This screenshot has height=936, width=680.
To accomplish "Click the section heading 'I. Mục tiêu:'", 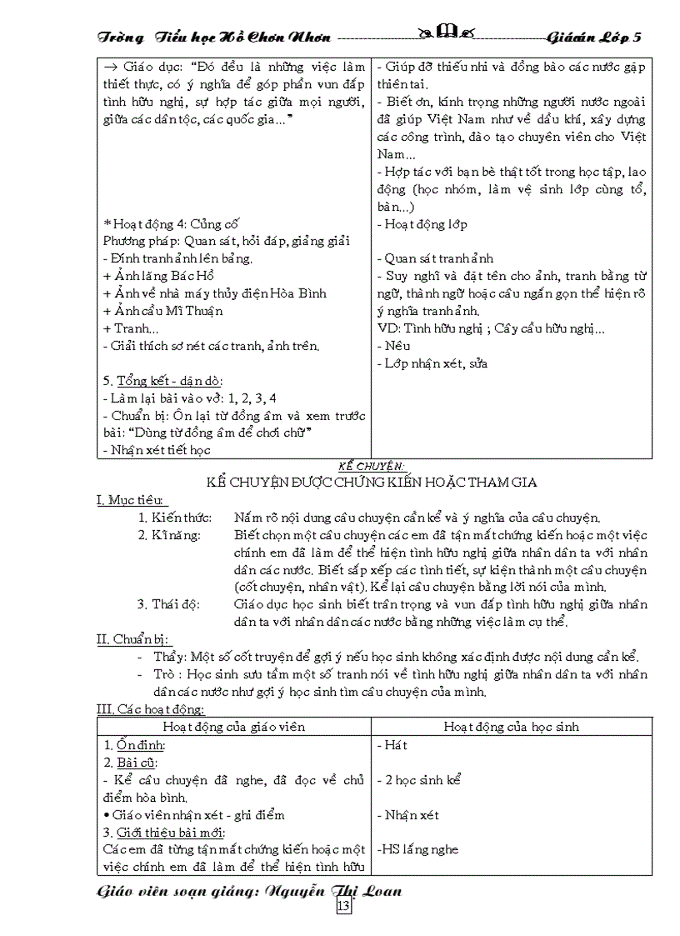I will pos(132,500).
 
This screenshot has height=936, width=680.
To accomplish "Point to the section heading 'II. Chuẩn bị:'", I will pos(134,639).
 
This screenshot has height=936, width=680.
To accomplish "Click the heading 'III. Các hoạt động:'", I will pos(151,709).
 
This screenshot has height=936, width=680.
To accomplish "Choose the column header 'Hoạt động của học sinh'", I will pos(511,726).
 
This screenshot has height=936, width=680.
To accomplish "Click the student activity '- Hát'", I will pos(392,745).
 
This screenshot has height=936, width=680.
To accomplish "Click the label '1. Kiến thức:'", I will pos(175,518).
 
